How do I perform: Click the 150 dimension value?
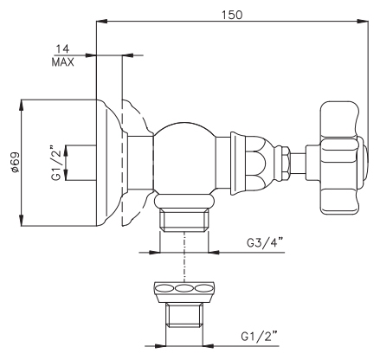[232, 15]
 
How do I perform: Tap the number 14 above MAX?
[62, 49]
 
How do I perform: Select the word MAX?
[62, 62]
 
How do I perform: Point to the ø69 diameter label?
[15, 163]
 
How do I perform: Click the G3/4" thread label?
[266, 243]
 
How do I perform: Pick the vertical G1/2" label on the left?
[56, 164]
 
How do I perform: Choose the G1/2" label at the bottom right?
[260, 337]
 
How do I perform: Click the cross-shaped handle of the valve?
[340, 157]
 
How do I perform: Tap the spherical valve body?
[184, 157]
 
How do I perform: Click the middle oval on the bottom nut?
[184, 288]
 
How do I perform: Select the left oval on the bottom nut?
[164, 288]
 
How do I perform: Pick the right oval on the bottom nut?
[203, 288]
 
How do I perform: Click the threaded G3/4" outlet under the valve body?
[184, 221]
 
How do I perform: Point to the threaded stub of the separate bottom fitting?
[184, 315]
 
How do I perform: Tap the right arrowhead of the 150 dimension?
[363, 21]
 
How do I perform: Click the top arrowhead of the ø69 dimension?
[22, 106]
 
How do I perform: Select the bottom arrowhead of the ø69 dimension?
[22, 221]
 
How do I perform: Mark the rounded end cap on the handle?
[364, 158]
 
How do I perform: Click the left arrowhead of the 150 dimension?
[101, 21]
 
